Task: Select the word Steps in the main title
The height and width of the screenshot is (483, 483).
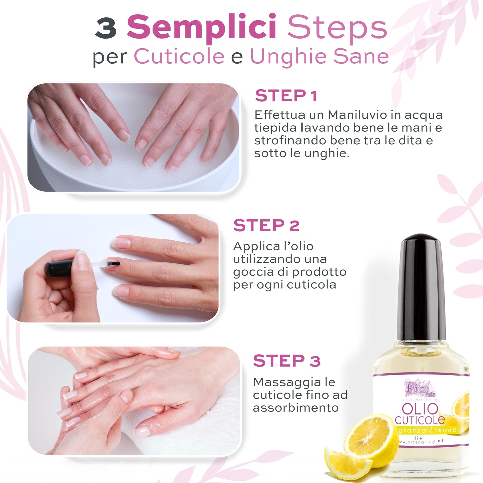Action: (x=337, y=27)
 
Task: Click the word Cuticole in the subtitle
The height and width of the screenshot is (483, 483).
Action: (x=179, y=56)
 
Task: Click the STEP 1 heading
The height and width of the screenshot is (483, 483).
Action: (x=286, y=96)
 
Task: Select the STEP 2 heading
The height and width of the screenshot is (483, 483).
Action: (x=266, y=225)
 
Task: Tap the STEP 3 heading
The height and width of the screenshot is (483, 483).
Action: (x=287, y=361)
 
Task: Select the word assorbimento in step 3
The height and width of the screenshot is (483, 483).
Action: (x=296, y=408)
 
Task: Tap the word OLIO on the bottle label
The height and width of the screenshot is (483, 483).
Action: (x=420, y=409)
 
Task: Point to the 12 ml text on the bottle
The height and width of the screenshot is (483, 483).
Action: (x=418, y=438)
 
